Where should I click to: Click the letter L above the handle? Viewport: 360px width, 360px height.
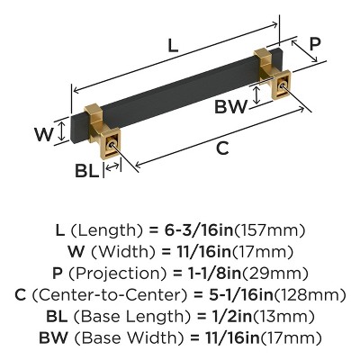pos(172,41)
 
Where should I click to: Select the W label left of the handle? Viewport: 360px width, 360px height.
pos(43,134)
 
